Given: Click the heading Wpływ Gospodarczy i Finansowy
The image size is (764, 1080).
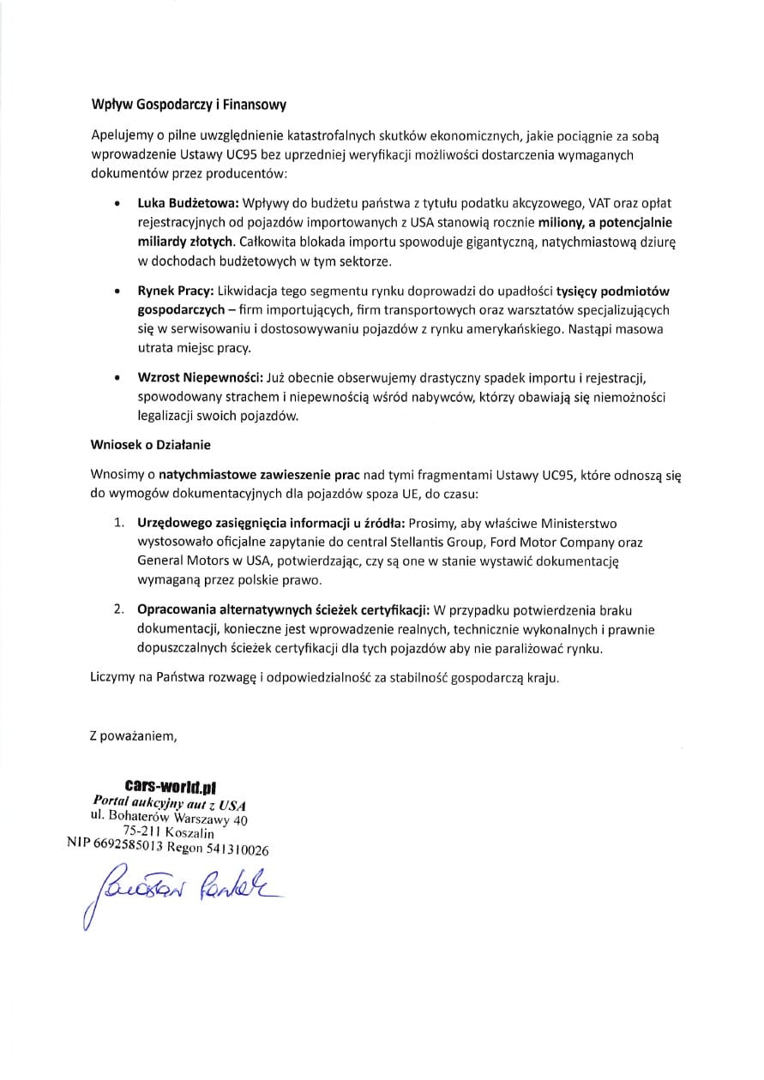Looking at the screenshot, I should point(188,105).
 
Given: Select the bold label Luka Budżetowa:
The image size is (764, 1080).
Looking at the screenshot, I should point(189,204).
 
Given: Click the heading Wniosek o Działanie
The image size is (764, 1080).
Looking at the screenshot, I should point(150,445).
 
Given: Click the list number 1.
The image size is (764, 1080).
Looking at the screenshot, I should point(120,523).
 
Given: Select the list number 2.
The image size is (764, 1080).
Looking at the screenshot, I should point(120,610).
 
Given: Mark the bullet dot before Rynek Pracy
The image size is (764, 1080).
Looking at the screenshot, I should point(117,293).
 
